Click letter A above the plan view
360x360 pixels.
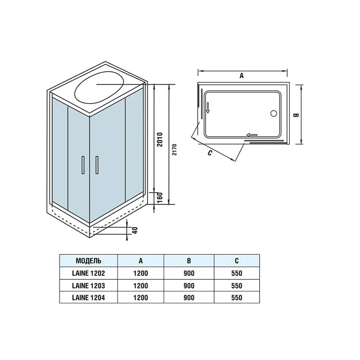pos(241,76)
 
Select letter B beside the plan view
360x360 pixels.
pos(296,115)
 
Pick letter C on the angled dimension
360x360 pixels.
pos(210,153)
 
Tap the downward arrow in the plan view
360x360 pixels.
pos(208,108)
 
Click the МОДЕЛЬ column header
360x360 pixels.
pos(89,261)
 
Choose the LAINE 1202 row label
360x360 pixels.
pos(89,273)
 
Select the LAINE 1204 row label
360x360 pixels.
pos(89,297)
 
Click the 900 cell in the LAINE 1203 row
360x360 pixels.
pos(189,285)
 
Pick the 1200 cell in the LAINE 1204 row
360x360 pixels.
pos(141,297)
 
